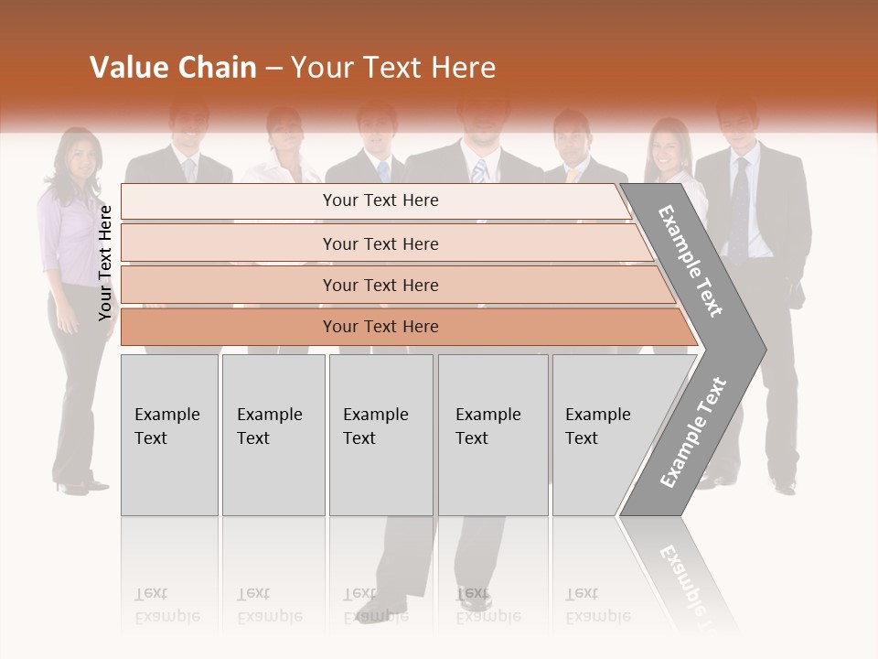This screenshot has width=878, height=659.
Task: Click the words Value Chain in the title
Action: (x=173, y=68)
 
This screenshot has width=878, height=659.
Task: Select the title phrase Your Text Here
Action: (x=393, y=68)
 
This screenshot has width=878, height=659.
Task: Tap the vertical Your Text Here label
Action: (x=105, y=264)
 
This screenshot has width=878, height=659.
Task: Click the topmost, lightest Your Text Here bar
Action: (x=380, y=200)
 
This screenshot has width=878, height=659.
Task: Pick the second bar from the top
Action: (x=380, y=243)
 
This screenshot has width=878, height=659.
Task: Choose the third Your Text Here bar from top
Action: (x=380, y=285)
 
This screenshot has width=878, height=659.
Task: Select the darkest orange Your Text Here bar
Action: (x=380, y=327)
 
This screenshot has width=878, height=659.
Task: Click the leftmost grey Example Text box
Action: (x=169, y=435)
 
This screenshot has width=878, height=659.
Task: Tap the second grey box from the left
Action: (x=273, y=435)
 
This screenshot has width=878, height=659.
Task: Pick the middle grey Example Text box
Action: (x=380, y=435)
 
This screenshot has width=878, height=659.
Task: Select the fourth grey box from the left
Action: (x=492, y=435)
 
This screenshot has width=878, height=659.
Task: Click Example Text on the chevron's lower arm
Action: (x=693, y=433)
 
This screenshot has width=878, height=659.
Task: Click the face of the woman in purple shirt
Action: (x=80, y=164)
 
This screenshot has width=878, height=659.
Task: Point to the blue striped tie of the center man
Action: (x=479, y=171)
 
